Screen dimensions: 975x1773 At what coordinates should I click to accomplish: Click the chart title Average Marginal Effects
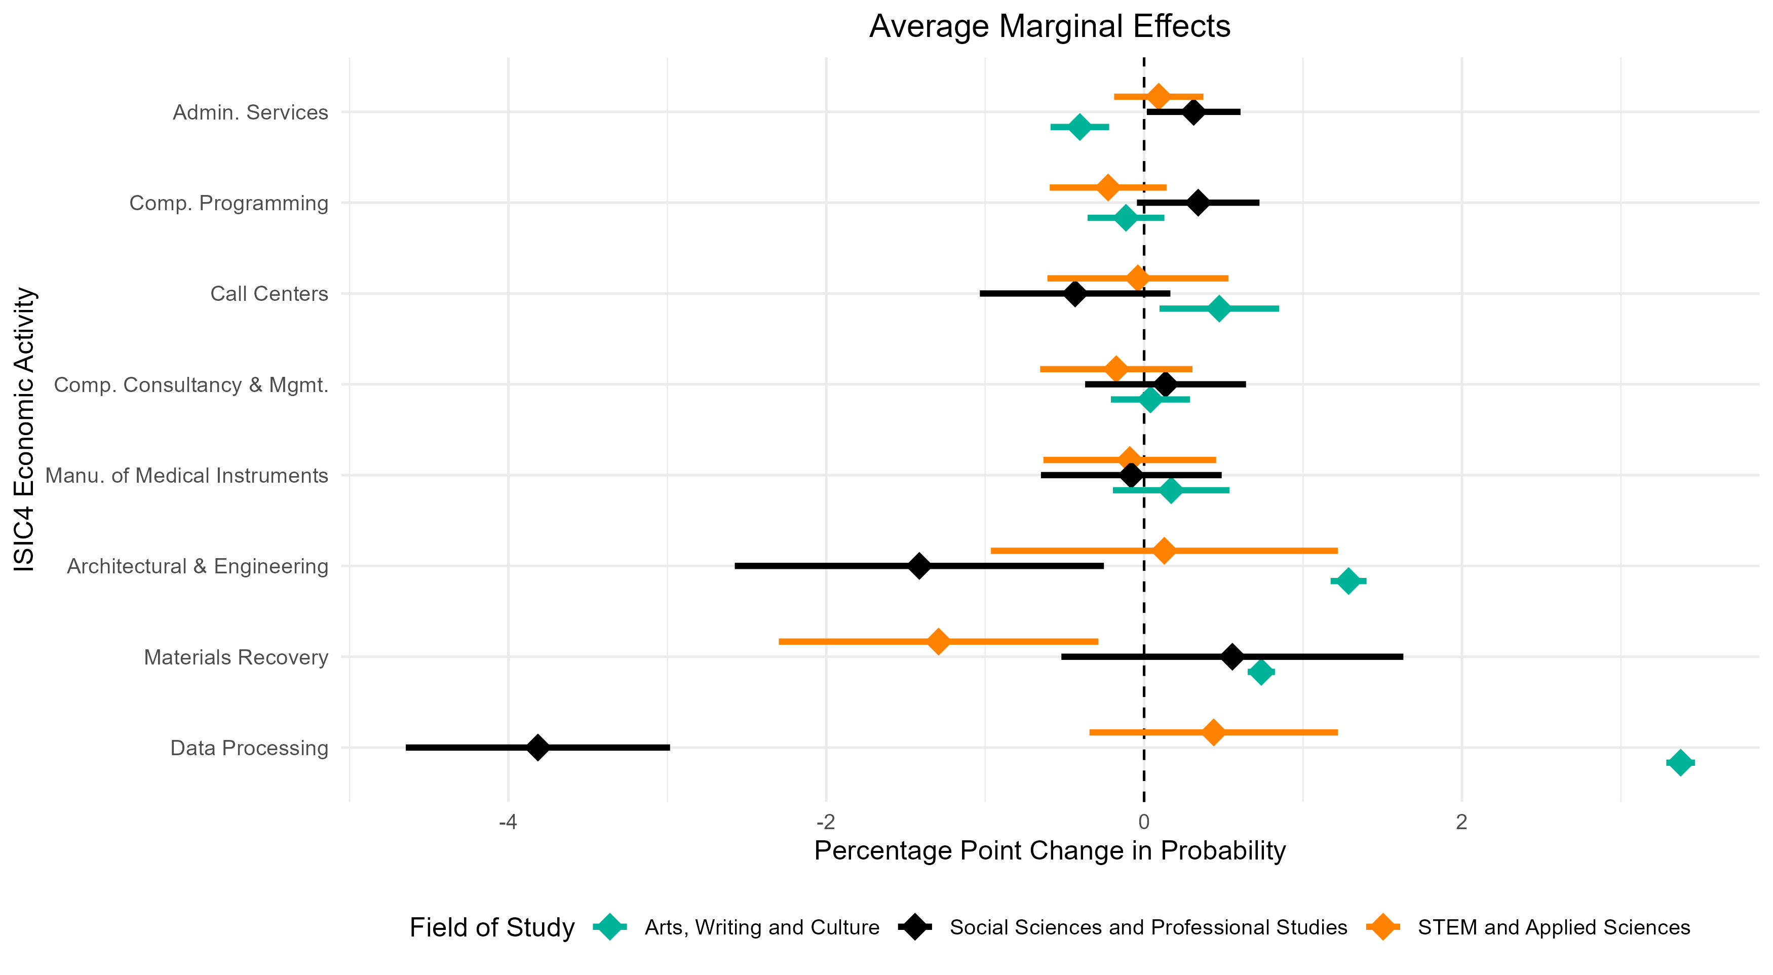point(1049,27)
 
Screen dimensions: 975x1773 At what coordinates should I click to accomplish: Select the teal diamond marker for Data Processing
point(1680,762)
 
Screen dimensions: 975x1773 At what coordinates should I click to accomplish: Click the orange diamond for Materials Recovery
point(938,641)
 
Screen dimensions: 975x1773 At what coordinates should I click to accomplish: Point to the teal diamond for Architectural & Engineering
point(1347,581)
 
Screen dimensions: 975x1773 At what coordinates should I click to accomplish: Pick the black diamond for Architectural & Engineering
point(919,566)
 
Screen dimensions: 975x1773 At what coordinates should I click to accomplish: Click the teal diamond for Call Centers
point(1219,308)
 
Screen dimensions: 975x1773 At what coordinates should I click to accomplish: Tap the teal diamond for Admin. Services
point(1079,127)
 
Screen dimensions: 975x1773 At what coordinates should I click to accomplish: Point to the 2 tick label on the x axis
point(1461,822)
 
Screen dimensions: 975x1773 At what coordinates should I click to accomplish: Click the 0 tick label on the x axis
point(1144,822)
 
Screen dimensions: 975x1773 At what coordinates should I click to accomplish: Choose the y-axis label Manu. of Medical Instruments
point(186,476)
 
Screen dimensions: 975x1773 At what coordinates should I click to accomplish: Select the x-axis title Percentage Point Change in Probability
point(1049,851)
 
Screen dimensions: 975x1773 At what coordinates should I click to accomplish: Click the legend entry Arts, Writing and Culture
point(761,927)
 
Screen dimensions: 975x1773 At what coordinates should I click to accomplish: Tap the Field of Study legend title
point(491,927)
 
